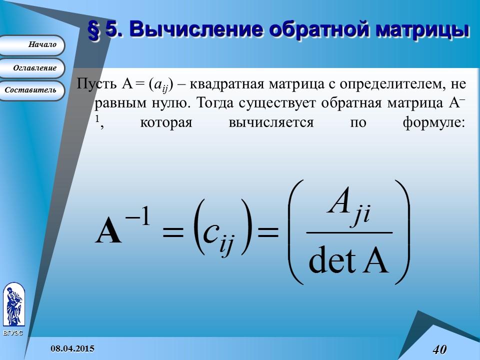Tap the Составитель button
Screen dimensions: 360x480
31,90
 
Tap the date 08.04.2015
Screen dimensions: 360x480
72,348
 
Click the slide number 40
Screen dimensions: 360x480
439,349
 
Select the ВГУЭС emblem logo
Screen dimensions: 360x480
13,305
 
